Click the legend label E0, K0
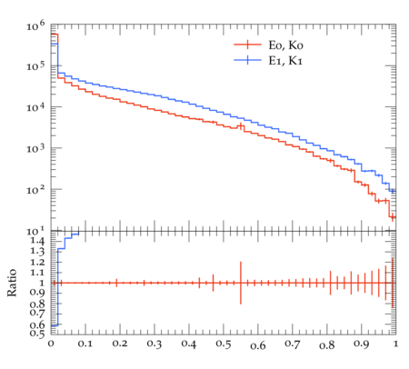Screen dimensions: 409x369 coord(285,45)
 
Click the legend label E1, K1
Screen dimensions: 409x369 coord(285,61)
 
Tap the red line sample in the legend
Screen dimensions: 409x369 coord(247,45)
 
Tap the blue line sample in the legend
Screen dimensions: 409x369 coord(247,60)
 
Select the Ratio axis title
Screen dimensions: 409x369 coord(12,283)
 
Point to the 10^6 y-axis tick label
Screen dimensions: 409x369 coord(35,25)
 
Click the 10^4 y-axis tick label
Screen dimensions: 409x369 coord(35,107)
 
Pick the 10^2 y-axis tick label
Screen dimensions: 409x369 coord(35,190)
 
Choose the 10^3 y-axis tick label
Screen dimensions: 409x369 coord(35,148)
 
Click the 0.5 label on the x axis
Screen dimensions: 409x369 coord(224,344)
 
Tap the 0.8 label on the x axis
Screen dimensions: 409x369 coord(327,344)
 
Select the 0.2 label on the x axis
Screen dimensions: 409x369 coord(120,344)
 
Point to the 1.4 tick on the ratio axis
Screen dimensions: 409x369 coord(37,242)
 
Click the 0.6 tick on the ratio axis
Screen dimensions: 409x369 coord(37,325)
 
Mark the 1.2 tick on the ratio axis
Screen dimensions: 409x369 coord(37,262)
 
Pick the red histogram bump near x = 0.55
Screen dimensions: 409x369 coord(241,126)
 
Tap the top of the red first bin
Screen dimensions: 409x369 coord(55,35)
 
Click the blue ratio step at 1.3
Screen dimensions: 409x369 coord(61,249)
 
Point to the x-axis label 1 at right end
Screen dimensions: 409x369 coord(395,344)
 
